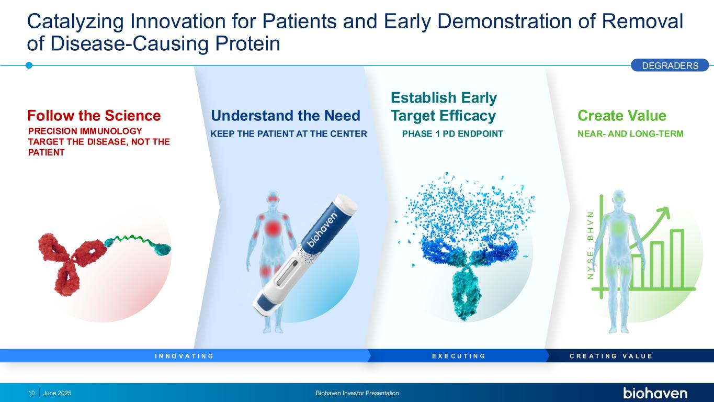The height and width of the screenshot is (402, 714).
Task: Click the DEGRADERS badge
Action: tap(670, 65)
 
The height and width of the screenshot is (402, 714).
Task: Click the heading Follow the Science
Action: tap(94, 116)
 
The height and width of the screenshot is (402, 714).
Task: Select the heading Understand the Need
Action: tap(286, 116)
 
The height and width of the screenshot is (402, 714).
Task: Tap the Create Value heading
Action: tap(622, 116)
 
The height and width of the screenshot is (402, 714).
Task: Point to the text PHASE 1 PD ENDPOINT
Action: tap(452, 133)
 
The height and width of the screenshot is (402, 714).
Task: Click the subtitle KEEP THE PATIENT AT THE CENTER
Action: tap(289, 133)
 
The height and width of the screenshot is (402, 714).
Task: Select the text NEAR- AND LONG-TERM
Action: tap(630, 133)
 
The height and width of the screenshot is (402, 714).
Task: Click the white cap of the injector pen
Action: tap(345, 204)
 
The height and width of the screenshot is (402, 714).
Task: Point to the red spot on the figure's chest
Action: tap(273, 228)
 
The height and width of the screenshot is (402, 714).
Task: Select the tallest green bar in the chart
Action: tap(677, 259)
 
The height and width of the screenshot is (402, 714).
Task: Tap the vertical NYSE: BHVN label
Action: tap(591, 245)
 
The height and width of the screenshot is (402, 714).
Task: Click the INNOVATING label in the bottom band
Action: tap(184, 356)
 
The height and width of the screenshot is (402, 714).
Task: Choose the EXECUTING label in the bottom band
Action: tap(459, 356)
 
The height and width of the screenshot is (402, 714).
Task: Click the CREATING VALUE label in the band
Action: tap(611, 356)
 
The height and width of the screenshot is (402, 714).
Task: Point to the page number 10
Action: tap(31, 393)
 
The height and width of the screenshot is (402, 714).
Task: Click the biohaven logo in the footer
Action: tap(655, 393)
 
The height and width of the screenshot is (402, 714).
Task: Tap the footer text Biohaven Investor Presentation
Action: tap(357, 393)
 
